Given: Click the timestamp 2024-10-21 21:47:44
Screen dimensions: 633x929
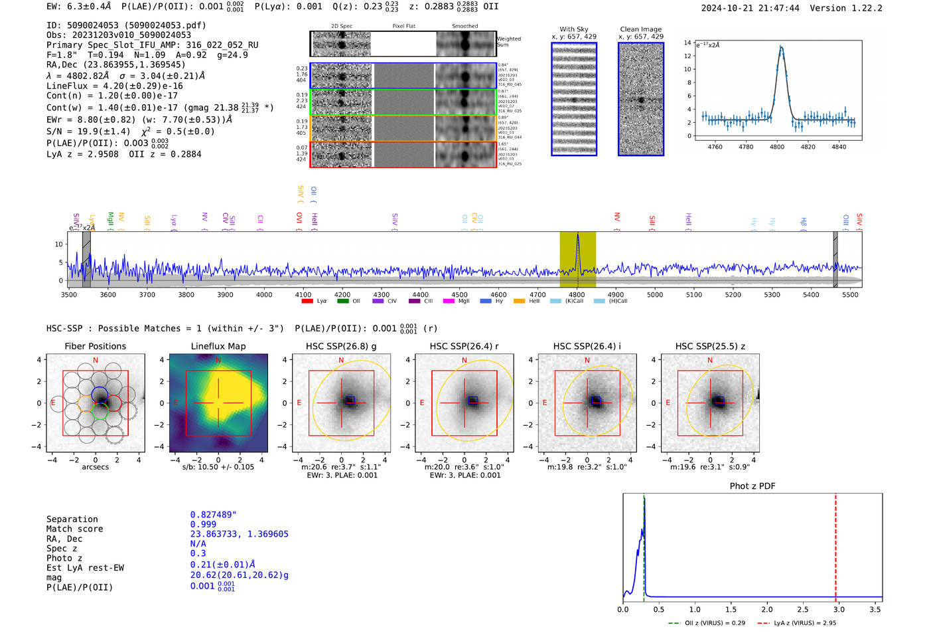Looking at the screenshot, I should pos(750,8).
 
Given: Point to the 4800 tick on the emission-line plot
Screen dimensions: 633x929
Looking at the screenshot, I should pos(776,146).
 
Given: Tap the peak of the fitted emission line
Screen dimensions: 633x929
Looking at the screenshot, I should pos(781,47).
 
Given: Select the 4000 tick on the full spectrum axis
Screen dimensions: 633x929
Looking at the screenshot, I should pos(264,294).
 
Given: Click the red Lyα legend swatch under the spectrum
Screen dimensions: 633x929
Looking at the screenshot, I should pos(307,302).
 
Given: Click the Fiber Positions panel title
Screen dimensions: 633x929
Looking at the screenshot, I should pos(95,346).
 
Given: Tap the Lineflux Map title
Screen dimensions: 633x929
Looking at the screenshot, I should pos(218,346).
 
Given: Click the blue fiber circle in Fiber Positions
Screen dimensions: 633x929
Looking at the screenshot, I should pos(100,393).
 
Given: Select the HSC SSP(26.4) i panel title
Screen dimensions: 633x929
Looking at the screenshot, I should pos(587,346).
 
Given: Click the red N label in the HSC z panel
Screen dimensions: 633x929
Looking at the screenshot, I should pos(710,360).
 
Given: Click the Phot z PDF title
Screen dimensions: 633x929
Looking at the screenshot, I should pos(752,486).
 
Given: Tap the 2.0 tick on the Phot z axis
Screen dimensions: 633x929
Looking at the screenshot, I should pos(767,609).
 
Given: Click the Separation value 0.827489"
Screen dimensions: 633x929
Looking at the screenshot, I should pos(213,515).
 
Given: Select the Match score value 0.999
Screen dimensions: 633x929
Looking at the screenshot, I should pos(203,524).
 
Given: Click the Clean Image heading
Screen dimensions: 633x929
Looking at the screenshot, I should pos(640,29).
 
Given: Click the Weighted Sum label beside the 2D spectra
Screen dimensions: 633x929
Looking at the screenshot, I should pos(509,41).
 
